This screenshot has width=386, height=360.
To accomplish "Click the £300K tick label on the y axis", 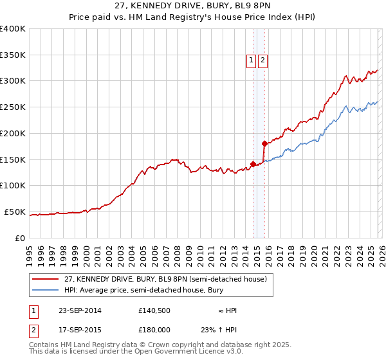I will [x=13, y=81].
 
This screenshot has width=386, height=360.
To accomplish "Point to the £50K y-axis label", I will [x=15, y=212].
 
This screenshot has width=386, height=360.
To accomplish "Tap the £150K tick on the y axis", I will [x=13, y=159].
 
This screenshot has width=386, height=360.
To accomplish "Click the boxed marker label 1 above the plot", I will [x=251, y=60].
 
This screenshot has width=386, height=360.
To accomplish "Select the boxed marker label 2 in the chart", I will [x=263, y=60].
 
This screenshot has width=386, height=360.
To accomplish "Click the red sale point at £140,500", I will [x=253, y=165].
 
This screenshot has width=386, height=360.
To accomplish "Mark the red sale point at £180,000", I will [x=264, y=143].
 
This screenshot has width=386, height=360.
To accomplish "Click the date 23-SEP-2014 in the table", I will [x=80, y=310].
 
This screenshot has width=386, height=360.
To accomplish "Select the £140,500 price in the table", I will [x=153, y=310].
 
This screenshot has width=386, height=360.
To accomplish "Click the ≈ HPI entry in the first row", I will [x=227, y=310].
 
